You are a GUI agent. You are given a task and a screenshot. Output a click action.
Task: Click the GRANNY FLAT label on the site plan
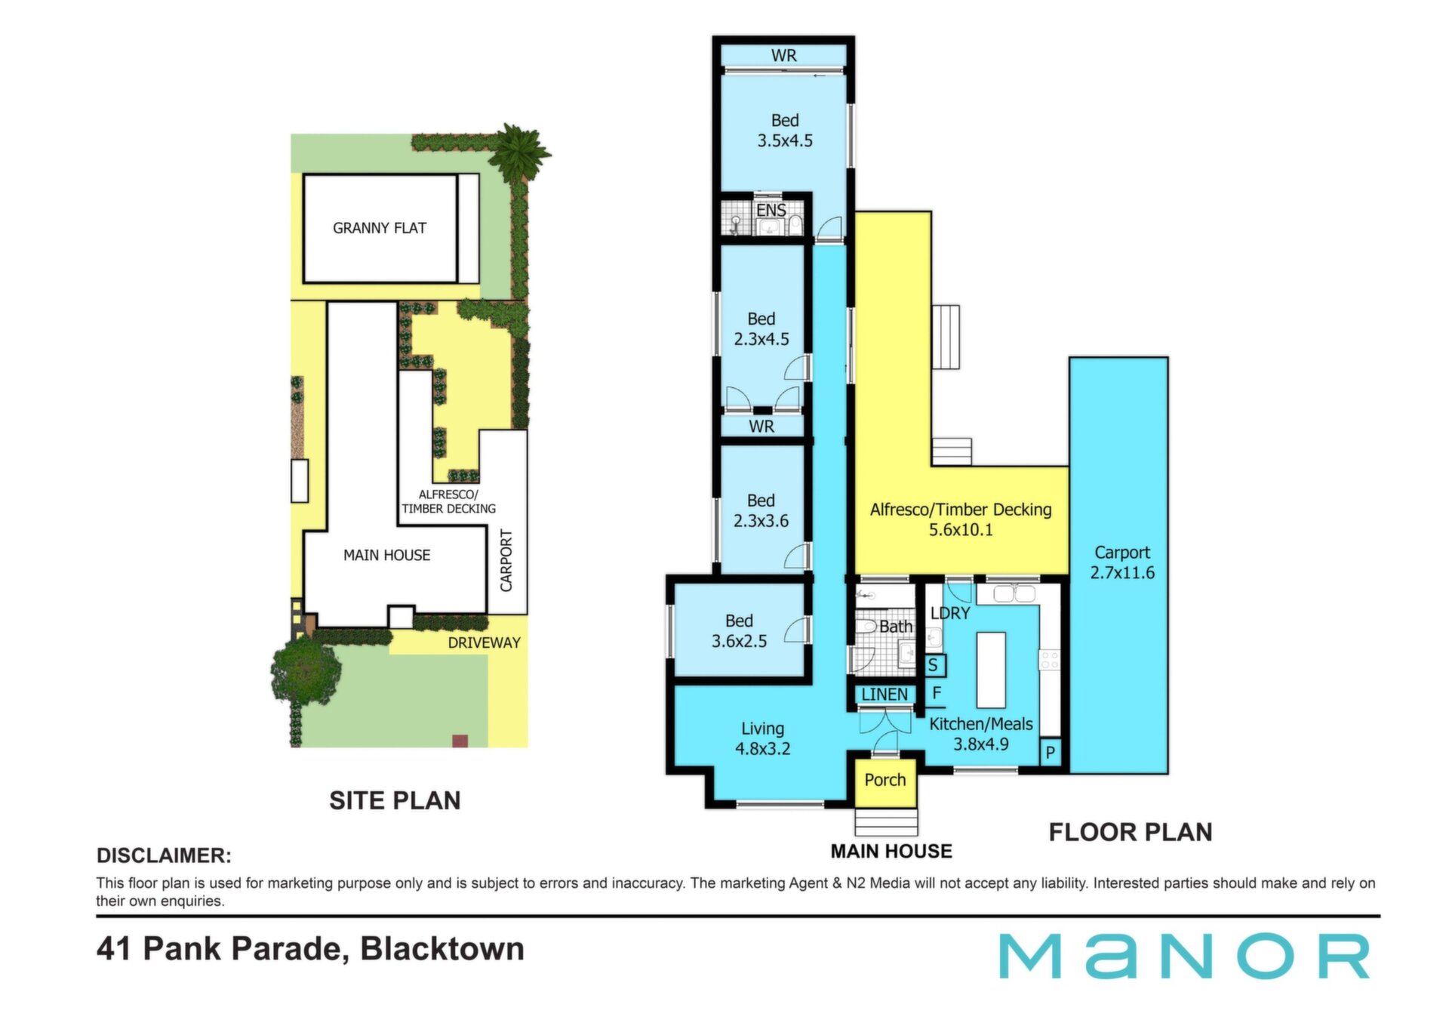coord(380,228)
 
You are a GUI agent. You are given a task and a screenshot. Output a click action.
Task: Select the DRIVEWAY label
coord(485,642)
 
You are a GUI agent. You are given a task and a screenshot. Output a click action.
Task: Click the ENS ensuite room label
coord(771,211)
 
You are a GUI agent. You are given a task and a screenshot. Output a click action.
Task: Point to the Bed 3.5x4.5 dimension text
coord(785,140)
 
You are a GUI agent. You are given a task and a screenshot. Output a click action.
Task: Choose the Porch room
coord(885,780)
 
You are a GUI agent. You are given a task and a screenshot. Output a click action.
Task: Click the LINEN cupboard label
coord(884,694)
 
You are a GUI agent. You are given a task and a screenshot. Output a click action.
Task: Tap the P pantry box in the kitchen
coord(1050,753)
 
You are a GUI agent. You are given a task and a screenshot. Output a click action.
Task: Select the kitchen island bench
coord(991,670)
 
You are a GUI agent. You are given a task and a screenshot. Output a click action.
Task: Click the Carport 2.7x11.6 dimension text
coord(1122,572)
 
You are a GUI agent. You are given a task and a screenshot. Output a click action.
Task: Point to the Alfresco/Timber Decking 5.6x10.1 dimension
coord(961,530)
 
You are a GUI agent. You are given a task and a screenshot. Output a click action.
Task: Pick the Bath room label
coord(896,627)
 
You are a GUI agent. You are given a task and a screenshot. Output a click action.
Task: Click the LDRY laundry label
coord(950,613)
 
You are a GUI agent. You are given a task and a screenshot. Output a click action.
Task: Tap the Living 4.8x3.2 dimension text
coord(762,749)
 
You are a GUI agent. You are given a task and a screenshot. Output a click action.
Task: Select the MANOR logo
coord(1185,956)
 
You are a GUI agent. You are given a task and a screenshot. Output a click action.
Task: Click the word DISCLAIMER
coord(164,855)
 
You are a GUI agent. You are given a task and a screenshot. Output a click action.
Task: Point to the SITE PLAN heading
coord(395,800)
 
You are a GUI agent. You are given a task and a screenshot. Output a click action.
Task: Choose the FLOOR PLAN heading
coord(1131,832)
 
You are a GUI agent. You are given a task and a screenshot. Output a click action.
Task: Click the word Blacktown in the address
coord(442,949)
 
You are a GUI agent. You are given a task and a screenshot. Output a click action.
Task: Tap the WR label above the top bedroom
coord(783,56)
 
